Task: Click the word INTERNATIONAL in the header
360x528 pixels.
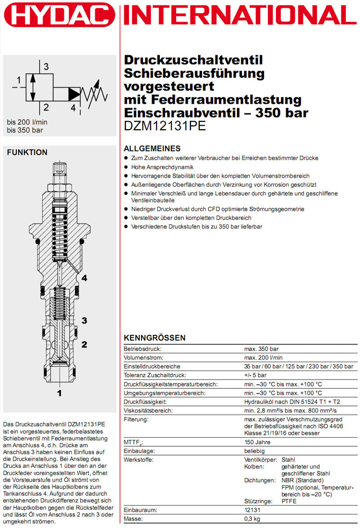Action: (x=240, y=15)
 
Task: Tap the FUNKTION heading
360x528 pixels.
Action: (x=26, y=152)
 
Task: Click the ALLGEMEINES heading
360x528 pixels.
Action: (x=152, y=148)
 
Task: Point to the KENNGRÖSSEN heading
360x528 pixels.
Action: (x=155, y=338)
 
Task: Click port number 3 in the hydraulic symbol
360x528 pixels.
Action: (x=46, y=66)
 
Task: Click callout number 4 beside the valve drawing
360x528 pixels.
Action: (x=84, y=278)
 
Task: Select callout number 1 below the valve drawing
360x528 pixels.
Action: (x=60, y=393)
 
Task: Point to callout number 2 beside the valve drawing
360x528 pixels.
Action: (x=84, y=344)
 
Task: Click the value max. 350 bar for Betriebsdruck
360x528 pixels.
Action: (x=262, y=349)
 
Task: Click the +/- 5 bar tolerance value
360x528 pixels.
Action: (x=258, y=375)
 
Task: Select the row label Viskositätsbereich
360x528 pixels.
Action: (x=149, y=411)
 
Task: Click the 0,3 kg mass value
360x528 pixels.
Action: (x=253, y=519)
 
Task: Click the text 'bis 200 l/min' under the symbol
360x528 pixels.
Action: (x=27, y=122)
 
